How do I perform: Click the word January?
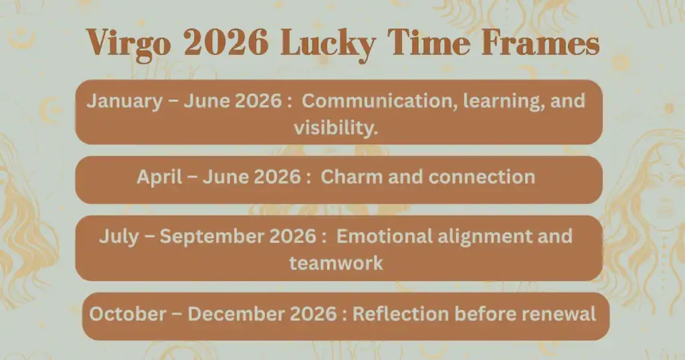[124, 102]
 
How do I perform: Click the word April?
[159, 177]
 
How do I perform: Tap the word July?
[119, 237]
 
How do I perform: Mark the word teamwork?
[336, 262]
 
